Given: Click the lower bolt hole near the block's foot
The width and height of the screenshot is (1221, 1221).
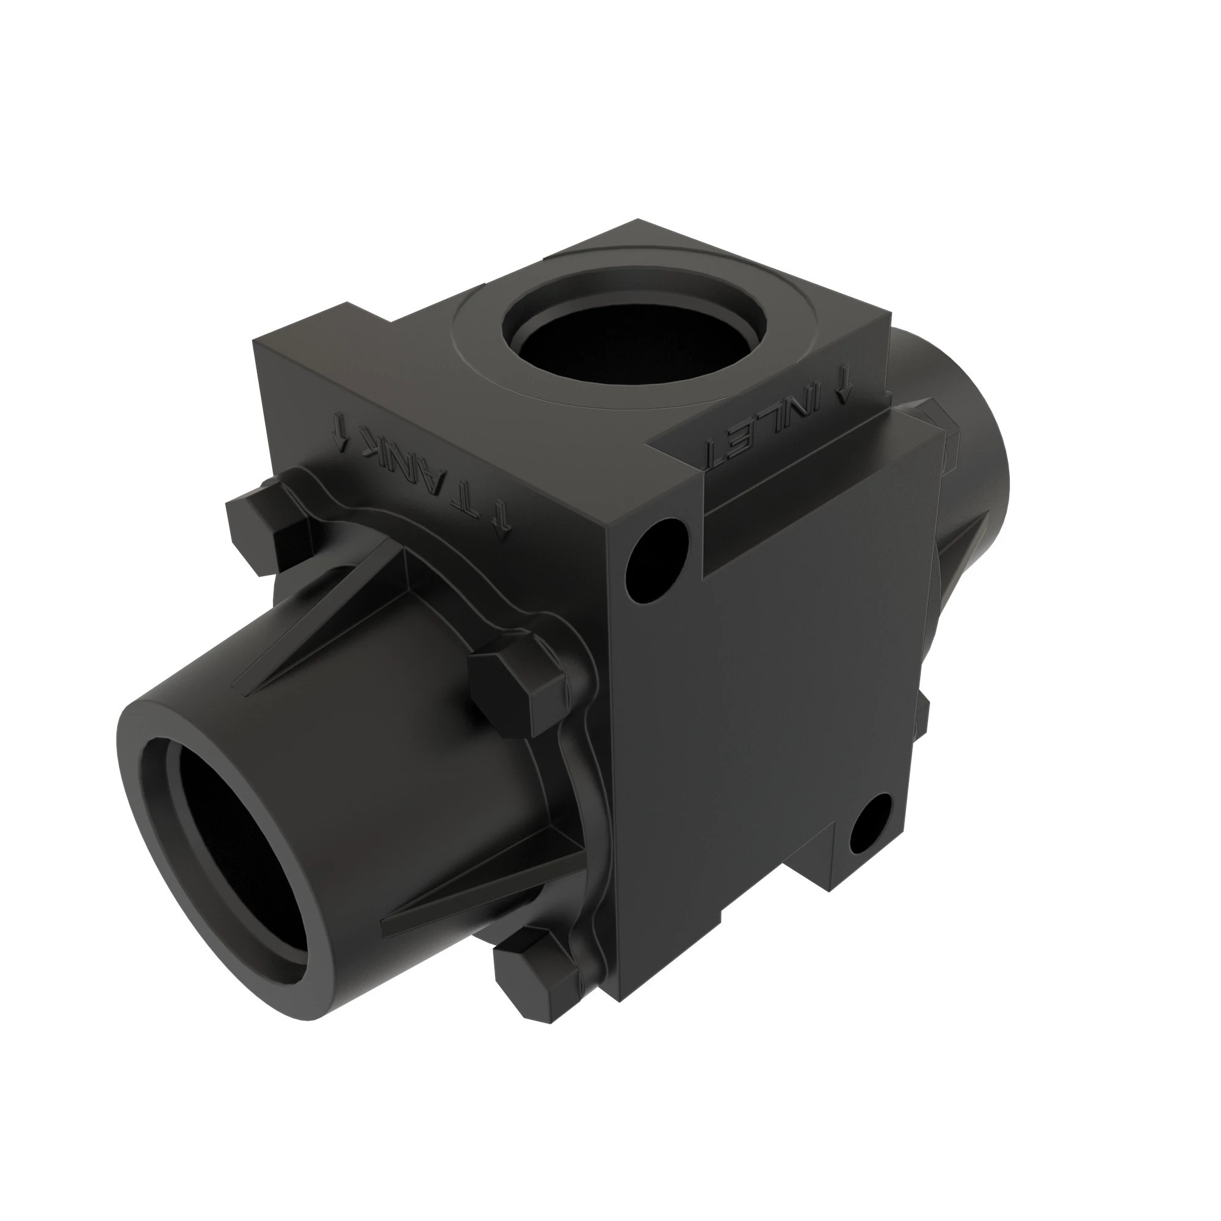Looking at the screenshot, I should coord(871,822).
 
